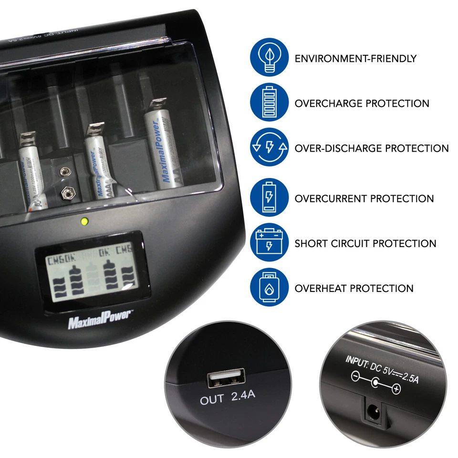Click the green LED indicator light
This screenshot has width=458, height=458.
click(x=84, y=221)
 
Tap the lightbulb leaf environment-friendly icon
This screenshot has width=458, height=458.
click(x=269, y=58)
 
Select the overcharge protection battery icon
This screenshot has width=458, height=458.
click(x=269, y=103)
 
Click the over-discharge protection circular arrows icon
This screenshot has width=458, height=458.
click(x=269, y=147)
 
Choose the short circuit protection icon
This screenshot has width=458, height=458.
click(x=269, y=243)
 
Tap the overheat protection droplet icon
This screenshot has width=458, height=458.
click(x=269, y=288)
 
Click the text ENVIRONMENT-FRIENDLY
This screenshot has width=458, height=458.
click(x=355, y=59)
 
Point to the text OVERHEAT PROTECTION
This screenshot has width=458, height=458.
click(x=354, y=288)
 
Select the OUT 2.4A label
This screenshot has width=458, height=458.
click(x=227, y=399)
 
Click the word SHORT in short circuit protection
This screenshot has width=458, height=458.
click(x=311, y=243)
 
